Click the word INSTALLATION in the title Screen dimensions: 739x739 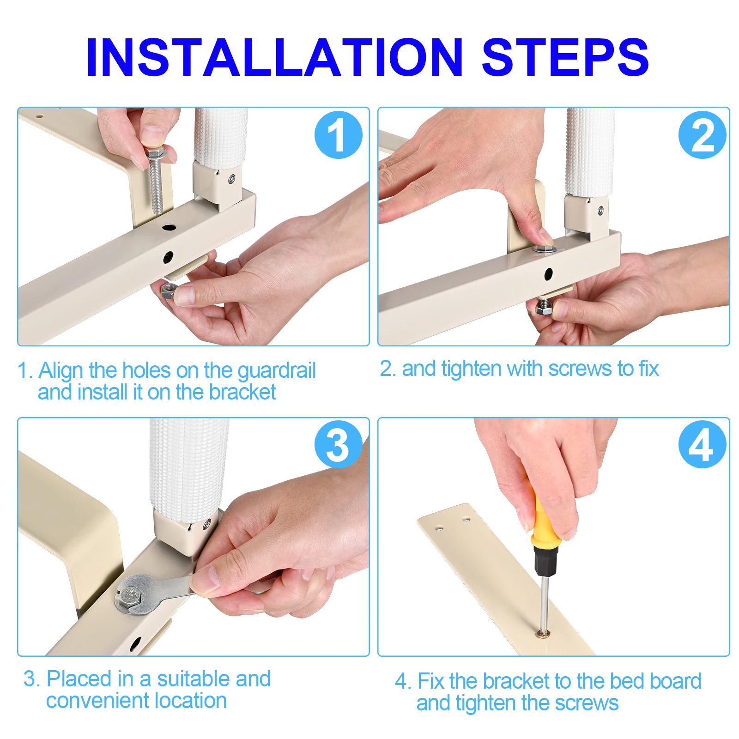pyautogui.click(x=274, y=57)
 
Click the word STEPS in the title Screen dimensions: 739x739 pyautogui.click(x=565, y=57)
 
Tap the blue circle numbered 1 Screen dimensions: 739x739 pyautogui.click(x=338, y=135)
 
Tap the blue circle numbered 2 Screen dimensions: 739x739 pyautogui.click(x=702, y=135)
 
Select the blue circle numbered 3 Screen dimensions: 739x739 pyautogui.click(x=338, y=444)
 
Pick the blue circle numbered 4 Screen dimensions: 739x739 pyautogui.click(x=702, y=444)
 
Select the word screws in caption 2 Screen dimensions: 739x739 pyautogui.click(x=582, y=369)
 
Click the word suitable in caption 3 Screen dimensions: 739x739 pyautogui.click(x=194, y=678)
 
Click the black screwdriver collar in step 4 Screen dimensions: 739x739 pyautogui.click(x=545, y=561)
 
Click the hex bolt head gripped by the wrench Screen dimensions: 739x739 pyautogui.click(x=130, y=596)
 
